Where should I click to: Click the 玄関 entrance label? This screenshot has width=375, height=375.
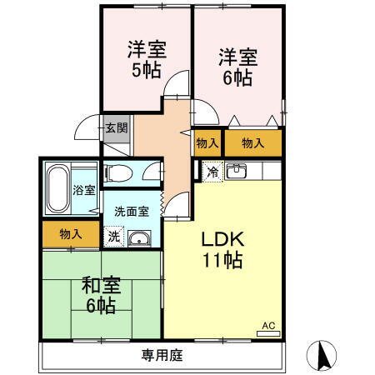pyautogui.click(x=116, y=128)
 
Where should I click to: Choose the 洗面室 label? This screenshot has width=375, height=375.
pyautogui.click(x=132, y=211)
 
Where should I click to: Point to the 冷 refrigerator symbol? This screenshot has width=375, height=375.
pyautogui.click(x=212, y=172)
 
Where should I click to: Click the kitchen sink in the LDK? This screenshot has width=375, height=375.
pyautogui.click(x=236, y=172)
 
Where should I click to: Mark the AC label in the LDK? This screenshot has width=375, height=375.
pyautogui.click(x=268, y=325)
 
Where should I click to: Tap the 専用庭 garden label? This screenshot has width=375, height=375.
pyautogui.click(x=162, y=355)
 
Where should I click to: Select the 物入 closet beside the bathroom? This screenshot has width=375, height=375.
pyautogui.click(x=71, y=234)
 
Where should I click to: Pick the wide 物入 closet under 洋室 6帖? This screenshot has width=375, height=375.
pyautogui.click(x=252, y=143)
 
